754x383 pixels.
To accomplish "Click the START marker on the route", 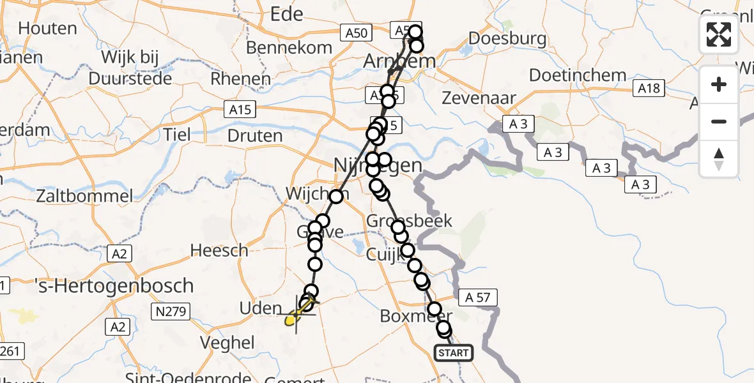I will pyautogui.click(x=454, y=353).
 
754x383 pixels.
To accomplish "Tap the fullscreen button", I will pyautogui.click(x=719, y=34).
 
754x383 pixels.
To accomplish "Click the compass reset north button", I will pyautogui.click(x=719, y=159).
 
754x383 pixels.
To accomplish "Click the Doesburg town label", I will pyautogui.click(x=507, y=38).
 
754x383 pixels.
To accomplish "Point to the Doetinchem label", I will pyautogui.click(x=577, y=75).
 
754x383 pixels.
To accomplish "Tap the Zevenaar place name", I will pyautogui.click(x=479, y=98).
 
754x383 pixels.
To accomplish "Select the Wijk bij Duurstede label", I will pyautogui.click(x=130, y=68).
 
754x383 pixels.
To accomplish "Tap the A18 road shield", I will pyautogui.click(x=650, y=88).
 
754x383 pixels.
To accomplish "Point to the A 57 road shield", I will pyautogui.click(x=477, y=297).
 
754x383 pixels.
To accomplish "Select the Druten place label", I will pyautogui.click(x=255, y=135).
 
